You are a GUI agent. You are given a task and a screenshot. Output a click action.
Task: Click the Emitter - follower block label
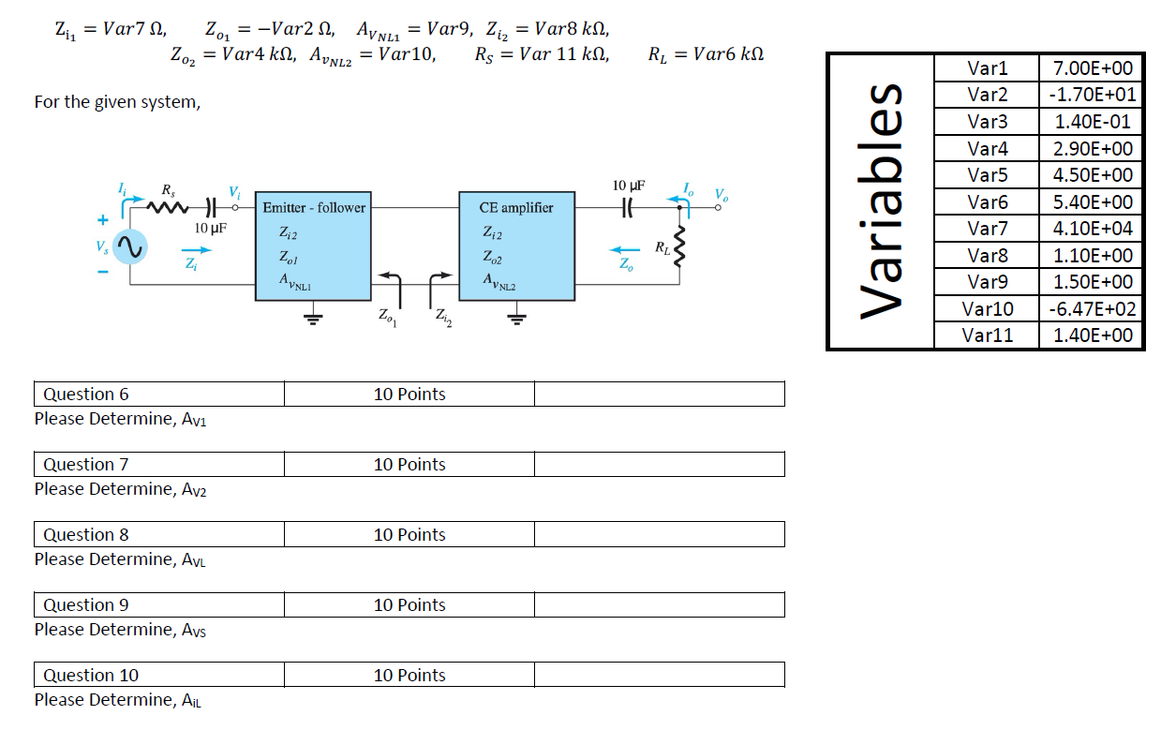coord(314,208)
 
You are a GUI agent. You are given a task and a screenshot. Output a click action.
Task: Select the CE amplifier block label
coord(515,208)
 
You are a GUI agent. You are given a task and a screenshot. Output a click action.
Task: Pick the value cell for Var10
coord(1092,309)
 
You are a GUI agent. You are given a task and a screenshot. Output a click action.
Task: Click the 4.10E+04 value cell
coord(1092,229)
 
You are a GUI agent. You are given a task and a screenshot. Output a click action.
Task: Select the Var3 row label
coord(987,122)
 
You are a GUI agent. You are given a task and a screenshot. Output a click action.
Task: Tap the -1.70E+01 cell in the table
coord(1092,95)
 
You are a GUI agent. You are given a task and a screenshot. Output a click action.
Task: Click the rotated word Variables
coord(882,202)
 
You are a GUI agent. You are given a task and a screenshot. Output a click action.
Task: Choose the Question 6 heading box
coord(159,395)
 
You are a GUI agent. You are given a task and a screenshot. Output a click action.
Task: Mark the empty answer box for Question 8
coord(659,535)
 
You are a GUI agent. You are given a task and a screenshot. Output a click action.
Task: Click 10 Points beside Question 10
coord(409,676)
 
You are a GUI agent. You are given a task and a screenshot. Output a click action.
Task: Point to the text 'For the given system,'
coord(117,101)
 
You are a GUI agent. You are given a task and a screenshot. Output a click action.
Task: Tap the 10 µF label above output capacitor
coord(628,186)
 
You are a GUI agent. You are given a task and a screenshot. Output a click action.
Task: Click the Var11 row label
coord(987,335)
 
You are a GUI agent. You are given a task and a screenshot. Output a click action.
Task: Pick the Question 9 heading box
coord(159,605)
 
